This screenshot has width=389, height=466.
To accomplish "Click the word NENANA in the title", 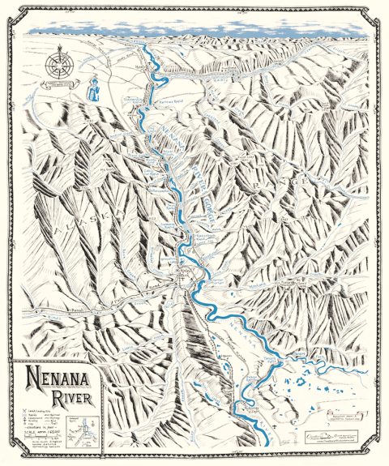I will coord(57,376).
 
